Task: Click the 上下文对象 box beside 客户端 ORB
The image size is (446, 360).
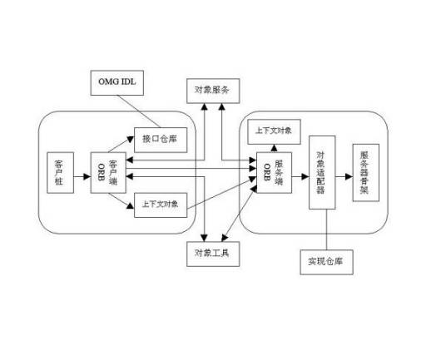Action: point(160,205)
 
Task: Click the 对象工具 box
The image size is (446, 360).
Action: point(212,254)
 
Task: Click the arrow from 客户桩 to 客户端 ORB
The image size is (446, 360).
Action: point(81,175)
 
